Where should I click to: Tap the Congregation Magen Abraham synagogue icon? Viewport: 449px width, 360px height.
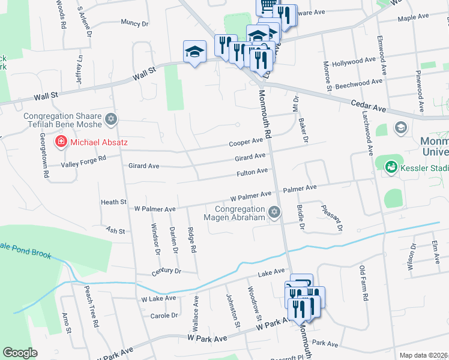coord(275,211)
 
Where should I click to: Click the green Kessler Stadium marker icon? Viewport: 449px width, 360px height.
coord(391,166)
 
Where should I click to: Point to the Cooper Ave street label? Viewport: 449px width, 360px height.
coord(246,142)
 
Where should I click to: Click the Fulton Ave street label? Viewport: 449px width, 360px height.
coord(252,172)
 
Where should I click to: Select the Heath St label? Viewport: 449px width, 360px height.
coord(113,202)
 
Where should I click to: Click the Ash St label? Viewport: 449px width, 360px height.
coord(115,230)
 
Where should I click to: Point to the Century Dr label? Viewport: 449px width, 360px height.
coord(166,271)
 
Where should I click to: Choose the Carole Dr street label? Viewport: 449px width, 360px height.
coord(164,315)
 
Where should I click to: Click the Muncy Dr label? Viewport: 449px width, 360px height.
coord(134,23)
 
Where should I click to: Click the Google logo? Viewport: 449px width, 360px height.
coord(20,353)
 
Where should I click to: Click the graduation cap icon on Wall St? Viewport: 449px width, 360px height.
coord(194,52)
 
